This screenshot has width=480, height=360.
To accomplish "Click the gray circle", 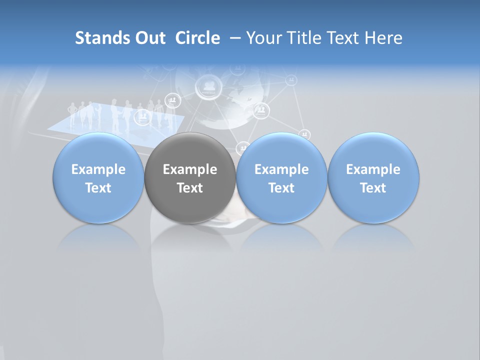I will [190, 178].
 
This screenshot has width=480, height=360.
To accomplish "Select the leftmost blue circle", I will [98, 178].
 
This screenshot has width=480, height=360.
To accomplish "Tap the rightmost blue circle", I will [373, 178].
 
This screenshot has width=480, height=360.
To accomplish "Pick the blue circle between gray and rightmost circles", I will [281, 178].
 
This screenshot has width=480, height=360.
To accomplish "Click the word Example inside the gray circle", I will [190, 169].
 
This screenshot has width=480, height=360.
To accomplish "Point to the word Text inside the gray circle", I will [190, 188].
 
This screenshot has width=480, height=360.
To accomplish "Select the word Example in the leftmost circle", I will [98, 169].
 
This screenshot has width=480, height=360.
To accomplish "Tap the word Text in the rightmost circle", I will [373, 188].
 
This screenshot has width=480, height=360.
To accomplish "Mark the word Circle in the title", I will [197, 38].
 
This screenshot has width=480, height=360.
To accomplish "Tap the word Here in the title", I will [385, 38].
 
